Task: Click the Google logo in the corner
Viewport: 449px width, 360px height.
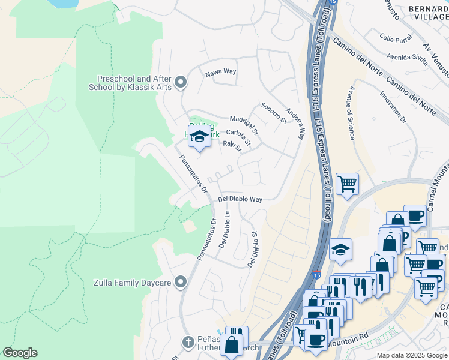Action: pos(20,353)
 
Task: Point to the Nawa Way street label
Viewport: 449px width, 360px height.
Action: pos(221,72)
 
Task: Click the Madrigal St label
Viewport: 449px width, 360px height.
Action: pos(244,124)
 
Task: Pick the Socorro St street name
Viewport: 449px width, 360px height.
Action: pos(274,113)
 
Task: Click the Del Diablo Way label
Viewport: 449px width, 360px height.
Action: pos(240,199)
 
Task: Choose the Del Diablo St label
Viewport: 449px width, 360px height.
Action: pos(253,250)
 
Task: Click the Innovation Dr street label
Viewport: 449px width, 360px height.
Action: pos(393,107)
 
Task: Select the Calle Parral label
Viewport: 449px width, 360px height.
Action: pos(396,38)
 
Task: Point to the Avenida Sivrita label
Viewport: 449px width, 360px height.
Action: pos(407,58)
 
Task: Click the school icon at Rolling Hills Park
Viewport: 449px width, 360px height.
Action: pos(199,135)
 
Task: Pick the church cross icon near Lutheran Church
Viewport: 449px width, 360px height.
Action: pos(188,342)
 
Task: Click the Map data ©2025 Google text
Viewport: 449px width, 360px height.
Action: pos(411,355)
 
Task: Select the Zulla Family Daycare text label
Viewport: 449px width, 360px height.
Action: pos(132,282)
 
